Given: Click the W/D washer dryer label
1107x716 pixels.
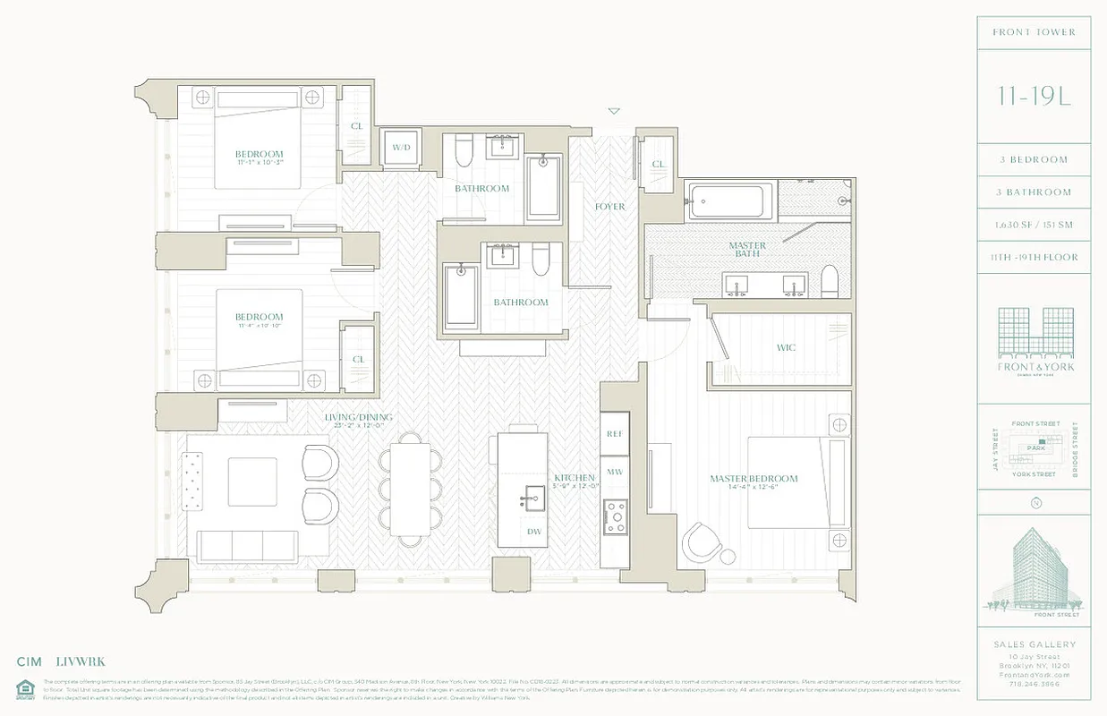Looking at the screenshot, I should coord(399,148).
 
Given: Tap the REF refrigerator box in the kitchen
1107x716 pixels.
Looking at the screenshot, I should coord(614,433).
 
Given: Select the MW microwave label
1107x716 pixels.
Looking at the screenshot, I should coord(614,471).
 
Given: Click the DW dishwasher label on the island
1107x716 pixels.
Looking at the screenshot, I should coord(534,532).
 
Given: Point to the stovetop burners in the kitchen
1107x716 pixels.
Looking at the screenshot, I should coord(615,517).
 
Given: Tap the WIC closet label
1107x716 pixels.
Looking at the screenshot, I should coord(786,347).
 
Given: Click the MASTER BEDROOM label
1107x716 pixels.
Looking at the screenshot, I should coord(754,479).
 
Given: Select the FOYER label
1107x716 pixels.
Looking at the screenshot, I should coord(609,207).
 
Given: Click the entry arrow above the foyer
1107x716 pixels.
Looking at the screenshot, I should coord(614,112).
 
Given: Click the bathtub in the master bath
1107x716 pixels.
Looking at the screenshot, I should coord(728,200).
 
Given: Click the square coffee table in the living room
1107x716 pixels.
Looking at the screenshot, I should coord(252,482).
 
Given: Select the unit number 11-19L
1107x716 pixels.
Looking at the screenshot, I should coord(1034,96).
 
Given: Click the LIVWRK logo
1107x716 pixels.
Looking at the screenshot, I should coord(81,661).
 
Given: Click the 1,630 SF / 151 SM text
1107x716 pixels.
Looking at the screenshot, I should coord(1035,225).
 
